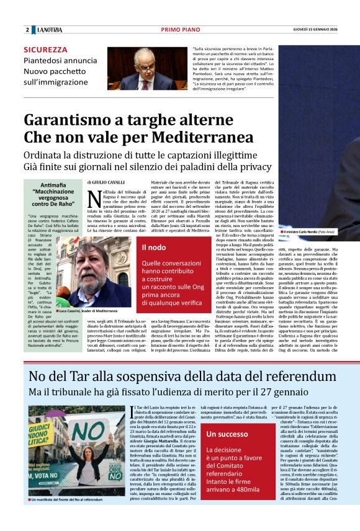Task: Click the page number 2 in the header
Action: pos(27,30)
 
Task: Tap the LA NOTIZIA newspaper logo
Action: pos(49,30)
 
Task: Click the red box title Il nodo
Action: pos(153,248)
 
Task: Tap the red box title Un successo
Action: pos(228,434)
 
